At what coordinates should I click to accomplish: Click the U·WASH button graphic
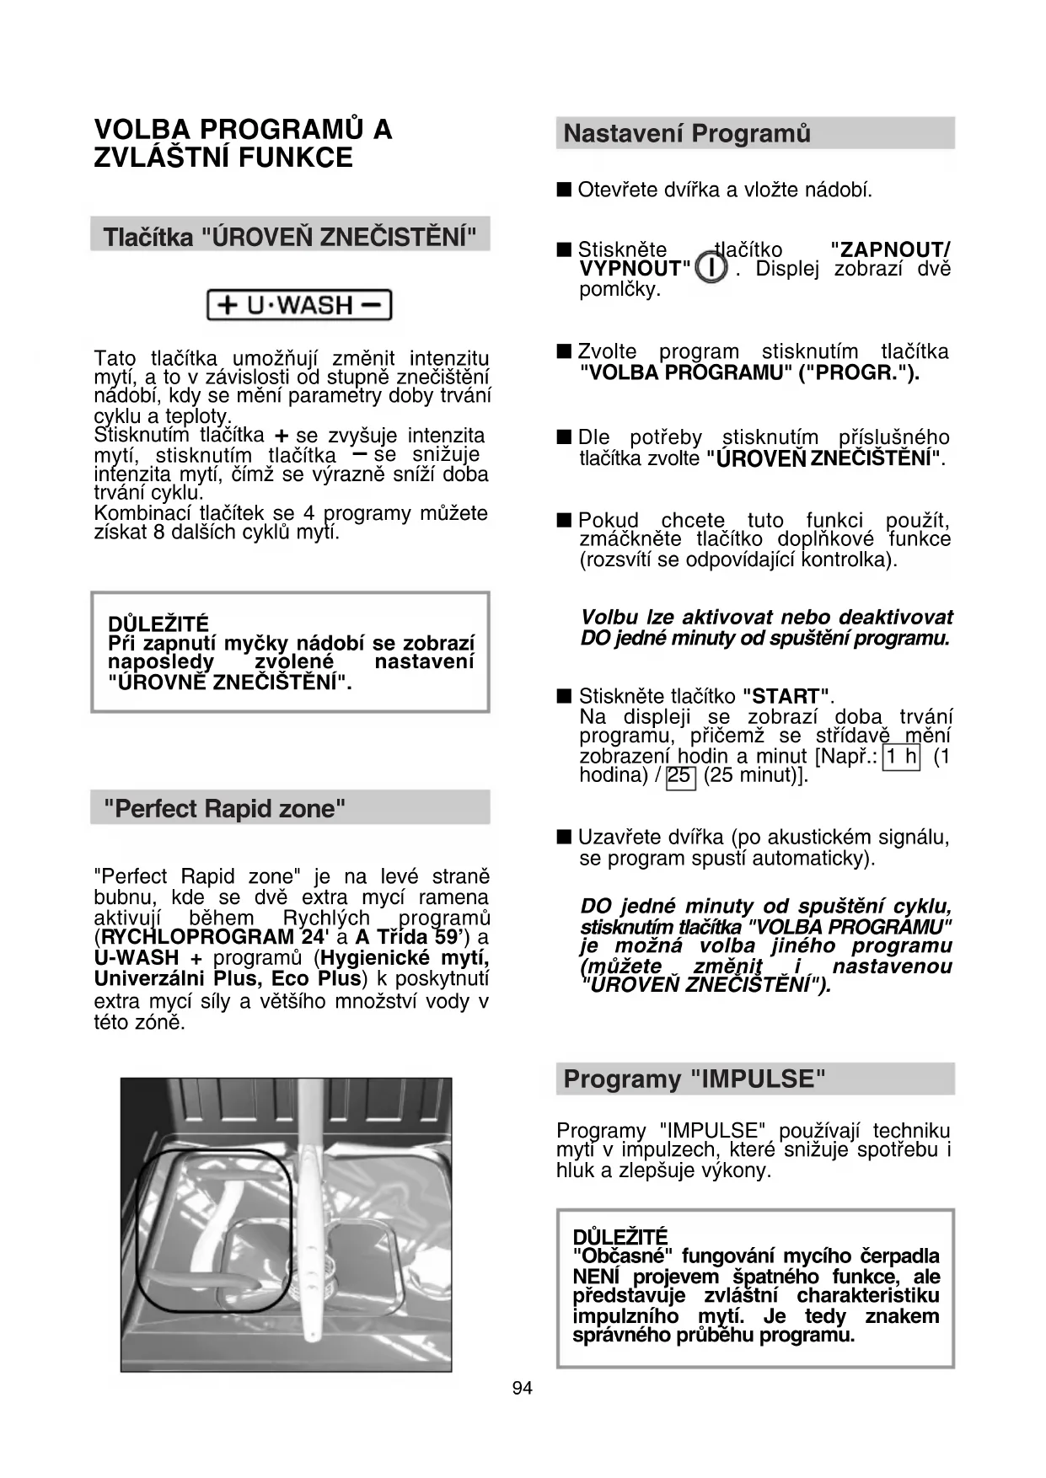pos(299,304)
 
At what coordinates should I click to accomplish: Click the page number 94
pos(523,1387)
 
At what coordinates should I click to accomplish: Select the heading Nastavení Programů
pos(687,133)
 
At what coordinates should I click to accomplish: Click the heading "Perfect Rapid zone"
pos(224,808)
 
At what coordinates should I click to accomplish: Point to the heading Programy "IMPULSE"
pos(694,1079)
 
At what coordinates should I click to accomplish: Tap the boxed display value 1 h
pos(901,756)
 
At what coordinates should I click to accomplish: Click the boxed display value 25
pos(679,775)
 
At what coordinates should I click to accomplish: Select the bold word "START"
pos(786,696)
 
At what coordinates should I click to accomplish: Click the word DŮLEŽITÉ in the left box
pos(158,624)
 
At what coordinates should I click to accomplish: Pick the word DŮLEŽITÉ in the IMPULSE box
pos(620,1236)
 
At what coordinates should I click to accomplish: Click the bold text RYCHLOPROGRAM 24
pos(212,937)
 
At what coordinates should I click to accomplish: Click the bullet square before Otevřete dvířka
pos(564,189)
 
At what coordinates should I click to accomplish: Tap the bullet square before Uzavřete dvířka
pos(564,837)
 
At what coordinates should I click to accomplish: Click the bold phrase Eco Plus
pos(316,978)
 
